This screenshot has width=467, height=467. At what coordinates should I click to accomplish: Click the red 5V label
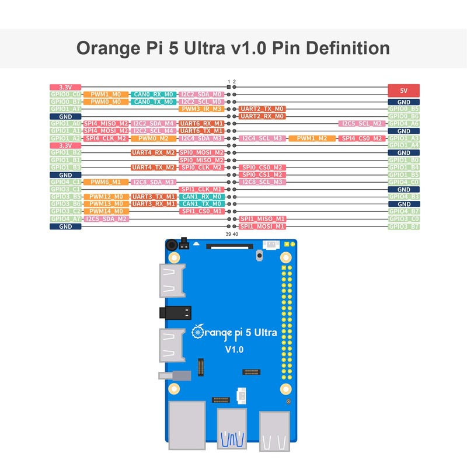[404, 91]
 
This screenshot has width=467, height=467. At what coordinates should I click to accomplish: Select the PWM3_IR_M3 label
[201, 109]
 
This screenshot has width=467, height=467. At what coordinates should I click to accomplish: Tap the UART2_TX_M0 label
[262, 109]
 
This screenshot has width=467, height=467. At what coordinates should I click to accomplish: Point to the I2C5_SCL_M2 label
[361, 124]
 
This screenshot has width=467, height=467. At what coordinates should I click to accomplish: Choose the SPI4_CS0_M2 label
[361, 138]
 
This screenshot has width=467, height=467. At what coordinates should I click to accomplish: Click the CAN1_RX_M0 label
[201, 197]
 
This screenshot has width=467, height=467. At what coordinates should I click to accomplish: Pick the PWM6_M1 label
[106, 182]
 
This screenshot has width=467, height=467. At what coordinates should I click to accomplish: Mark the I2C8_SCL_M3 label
[262, 182]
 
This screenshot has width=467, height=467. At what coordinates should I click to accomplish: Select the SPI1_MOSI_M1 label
[262, 226]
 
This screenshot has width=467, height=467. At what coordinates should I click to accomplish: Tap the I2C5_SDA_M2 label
[106, 219]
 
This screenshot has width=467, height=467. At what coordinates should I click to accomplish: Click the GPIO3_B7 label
[404, 226]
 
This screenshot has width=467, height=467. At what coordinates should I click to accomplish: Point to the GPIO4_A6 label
[404, 124]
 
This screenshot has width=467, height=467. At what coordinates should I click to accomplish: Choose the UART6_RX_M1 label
[201, 124]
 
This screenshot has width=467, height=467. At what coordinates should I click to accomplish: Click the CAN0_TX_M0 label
[153, 102]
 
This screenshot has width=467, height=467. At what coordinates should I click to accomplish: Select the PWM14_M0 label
[106, 211]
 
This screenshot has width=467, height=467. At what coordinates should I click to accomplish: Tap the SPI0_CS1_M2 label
[262, 175]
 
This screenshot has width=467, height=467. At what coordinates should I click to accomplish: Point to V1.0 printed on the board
[233, 350]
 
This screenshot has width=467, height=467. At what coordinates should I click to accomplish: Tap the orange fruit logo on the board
[198, 332]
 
